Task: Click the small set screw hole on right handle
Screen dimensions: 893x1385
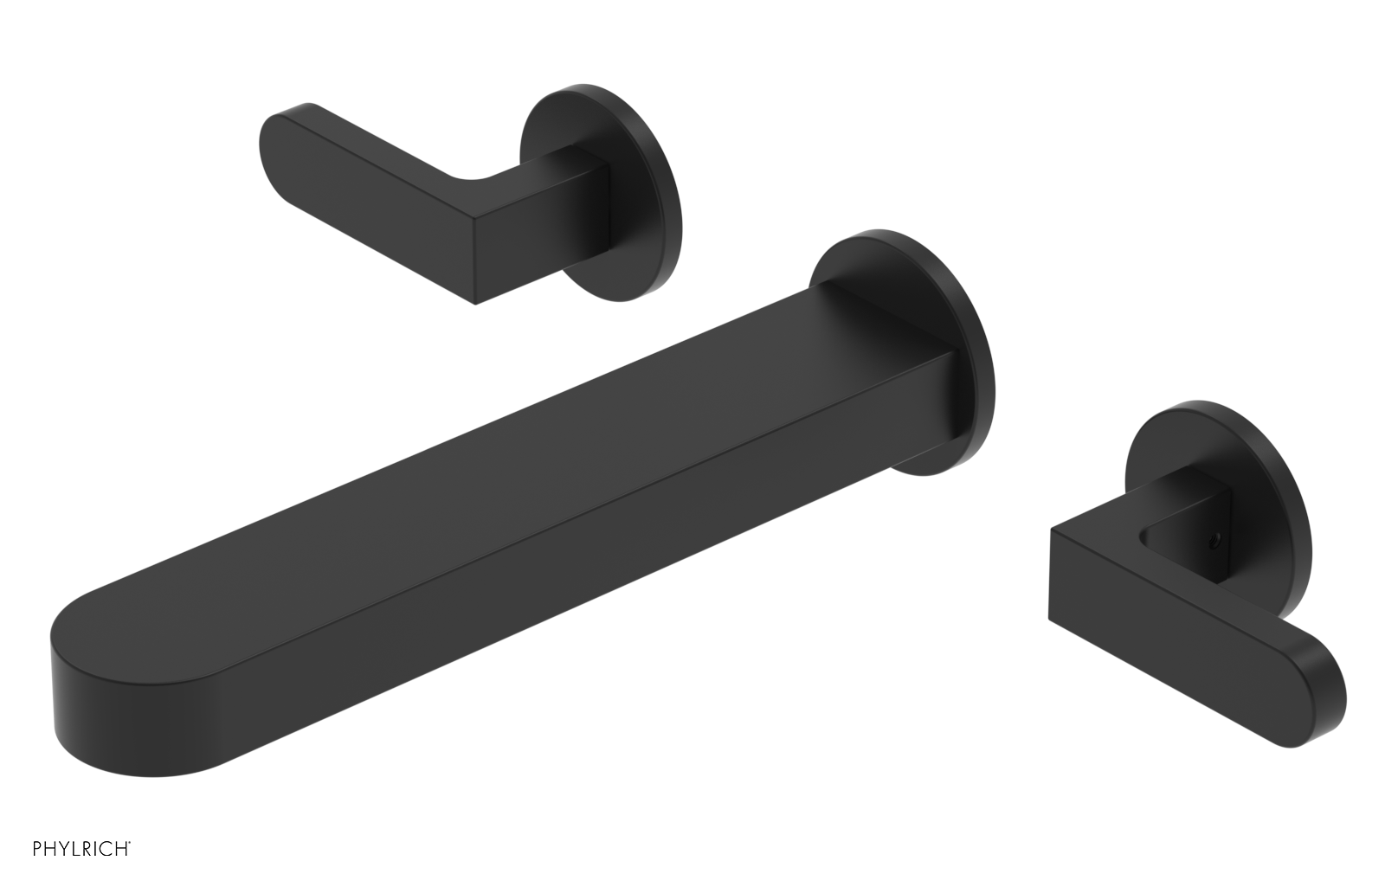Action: pos(1214,538)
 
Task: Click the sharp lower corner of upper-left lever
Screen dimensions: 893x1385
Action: pos(475,303)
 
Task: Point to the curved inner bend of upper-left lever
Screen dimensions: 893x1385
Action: pos(472,182)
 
